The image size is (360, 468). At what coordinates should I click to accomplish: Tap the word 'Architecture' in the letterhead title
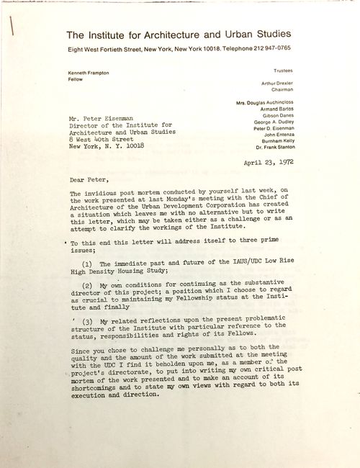click(176, 34)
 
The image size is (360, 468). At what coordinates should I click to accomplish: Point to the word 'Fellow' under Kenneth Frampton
click(76, 81)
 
